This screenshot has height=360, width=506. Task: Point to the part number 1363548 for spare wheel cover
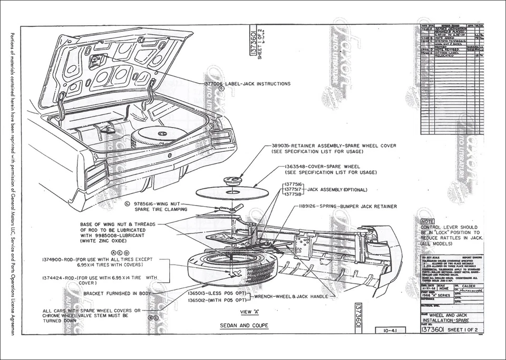click(295, 166)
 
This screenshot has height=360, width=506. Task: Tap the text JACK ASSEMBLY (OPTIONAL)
click(337, 189)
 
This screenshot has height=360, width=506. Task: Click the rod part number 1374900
click(55, 259)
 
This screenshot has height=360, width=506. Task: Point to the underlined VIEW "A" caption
click(250, 312)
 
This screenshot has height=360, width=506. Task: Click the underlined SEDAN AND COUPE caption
click(244, 326)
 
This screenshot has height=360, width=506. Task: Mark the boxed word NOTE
click(427, 221)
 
